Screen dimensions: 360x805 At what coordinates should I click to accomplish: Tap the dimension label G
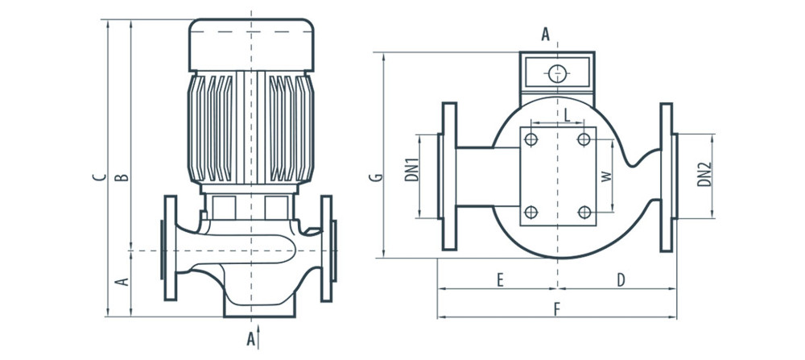(x=376, y=176)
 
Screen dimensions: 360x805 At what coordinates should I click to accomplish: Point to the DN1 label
(x=411, y=170)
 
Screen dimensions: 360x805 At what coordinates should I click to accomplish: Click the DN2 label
(x=704, y=175)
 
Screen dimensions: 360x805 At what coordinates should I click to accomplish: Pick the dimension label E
(x=500, y=280)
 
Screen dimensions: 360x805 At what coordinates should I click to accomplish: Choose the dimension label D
(x=621, y=280)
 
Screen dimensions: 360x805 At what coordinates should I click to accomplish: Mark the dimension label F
(x=556, y=308)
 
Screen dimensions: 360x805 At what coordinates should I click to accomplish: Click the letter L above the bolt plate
(x=567, y=114)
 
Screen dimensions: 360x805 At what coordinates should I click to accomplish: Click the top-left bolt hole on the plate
(x=530, y=140)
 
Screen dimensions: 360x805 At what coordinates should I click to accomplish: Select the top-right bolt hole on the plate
(x=584, y=140)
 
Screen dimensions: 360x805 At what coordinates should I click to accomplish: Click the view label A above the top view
(x=545, y=34)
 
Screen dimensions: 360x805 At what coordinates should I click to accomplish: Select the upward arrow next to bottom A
(x=261, y=333)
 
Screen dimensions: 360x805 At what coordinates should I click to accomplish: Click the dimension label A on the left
(x=123, y=282)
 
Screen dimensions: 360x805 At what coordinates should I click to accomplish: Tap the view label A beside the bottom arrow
(x=250, y=340)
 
